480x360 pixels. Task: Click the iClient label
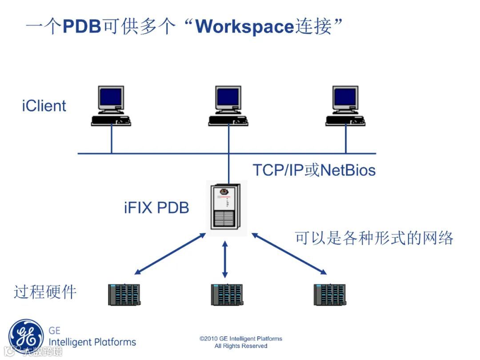tap(44, 106)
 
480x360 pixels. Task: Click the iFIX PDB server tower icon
tap(227, 207)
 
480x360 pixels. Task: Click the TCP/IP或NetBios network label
tap(314, 170)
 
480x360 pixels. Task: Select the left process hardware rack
tap(124, 294)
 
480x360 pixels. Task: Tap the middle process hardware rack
tap(226, 294)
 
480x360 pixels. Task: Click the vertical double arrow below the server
tap(225, 260)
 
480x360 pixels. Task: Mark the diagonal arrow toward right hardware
tap(289, 253)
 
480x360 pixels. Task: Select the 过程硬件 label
tap(45, 292)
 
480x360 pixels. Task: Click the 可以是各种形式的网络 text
tap(374, 238)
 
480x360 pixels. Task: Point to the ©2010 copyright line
tap(241, 339)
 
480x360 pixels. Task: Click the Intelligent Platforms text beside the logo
tap(92, 342)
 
